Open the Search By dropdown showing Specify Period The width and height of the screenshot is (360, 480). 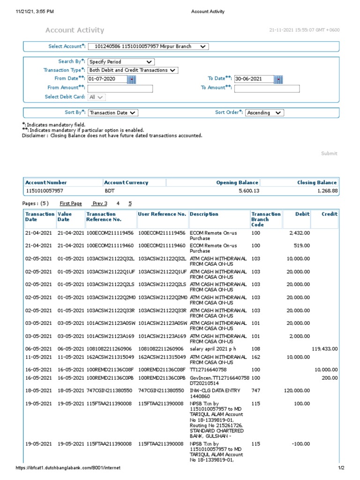tap(121, 61)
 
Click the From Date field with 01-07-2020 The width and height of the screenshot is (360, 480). tap(107, 79)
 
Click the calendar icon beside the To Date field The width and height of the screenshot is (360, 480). tap(278, 79)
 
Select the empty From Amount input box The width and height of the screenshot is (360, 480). tap(120, 89)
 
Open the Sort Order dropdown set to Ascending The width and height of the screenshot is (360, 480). tap(264, 112)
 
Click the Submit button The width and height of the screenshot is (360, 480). tap(329, 153)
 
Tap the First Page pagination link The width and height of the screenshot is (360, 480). tap(71, 203)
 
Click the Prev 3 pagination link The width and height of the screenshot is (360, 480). tap(99, 203)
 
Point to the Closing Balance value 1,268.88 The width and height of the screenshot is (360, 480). tap(327, 191)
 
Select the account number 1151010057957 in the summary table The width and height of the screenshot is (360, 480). tap(44, 191)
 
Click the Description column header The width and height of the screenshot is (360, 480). tap(204, 214)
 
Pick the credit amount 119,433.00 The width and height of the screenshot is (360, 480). tap(324, 349)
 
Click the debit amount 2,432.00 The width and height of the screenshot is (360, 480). tap(299, 232)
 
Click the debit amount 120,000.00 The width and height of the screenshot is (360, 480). tap(296, 390)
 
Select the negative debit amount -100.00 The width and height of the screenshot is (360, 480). tap(300, 443)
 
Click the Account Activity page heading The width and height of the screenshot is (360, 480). tap(75, 30)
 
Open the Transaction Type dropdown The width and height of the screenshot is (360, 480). tap(133, 70)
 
